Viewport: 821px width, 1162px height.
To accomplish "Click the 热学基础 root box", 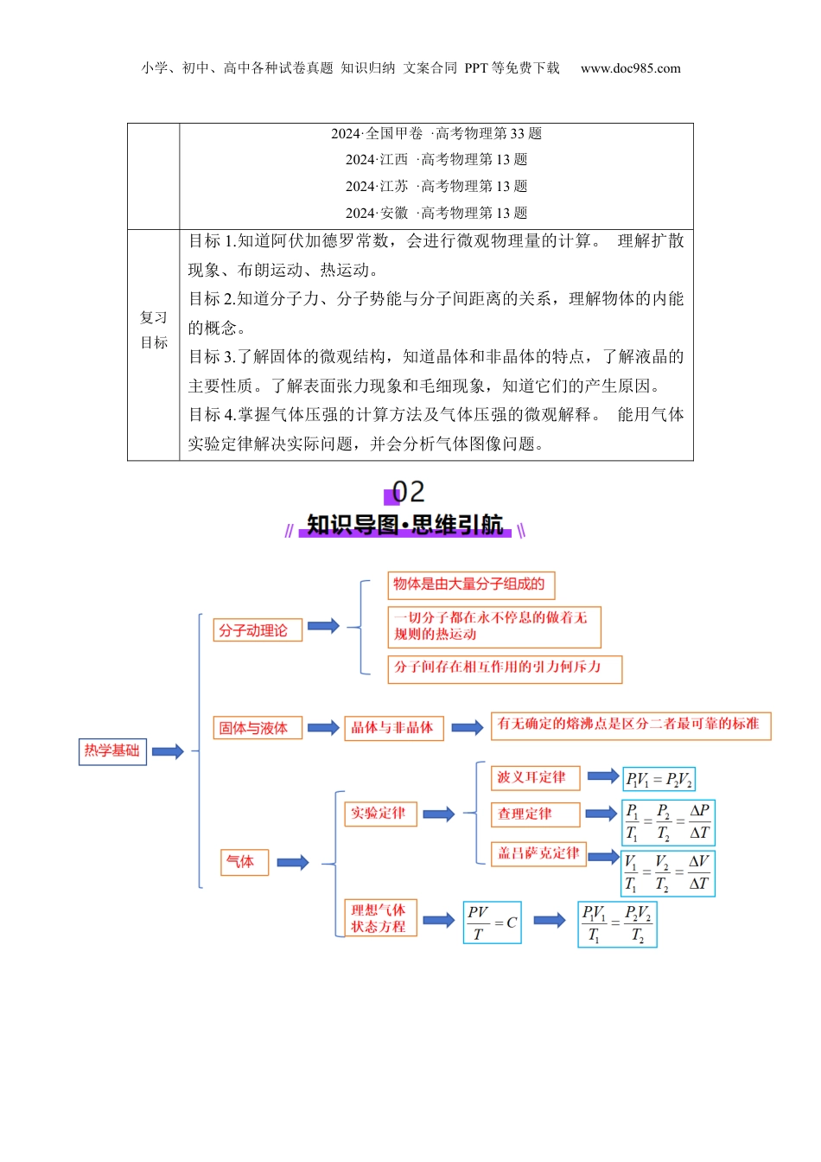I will (x=111, y=750).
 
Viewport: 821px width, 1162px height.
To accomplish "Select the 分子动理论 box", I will (x=258, y=630).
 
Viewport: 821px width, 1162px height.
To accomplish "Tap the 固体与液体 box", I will (x=258, y=728).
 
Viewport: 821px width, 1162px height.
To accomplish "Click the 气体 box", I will (x=245, y=861).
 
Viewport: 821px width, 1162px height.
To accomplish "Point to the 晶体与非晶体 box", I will (x=393, y=728).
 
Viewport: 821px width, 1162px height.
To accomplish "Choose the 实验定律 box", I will (x=379, y=814).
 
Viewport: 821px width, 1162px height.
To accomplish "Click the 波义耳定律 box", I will (x=536, y=777).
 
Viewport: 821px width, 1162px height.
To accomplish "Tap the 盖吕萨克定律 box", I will (x=539, y=853).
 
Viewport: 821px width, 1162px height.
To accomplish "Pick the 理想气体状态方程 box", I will (x=380, y=918).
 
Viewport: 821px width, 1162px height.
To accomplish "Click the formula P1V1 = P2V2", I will (x=659, y=779).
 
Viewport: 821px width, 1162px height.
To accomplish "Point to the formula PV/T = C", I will (x=492, y=923).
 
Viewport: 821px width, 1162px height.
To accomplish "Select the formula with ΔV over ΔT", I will (x=669, y=872).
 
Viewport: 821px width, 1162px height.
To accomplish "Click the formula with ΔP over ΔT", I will (x=669, y=822).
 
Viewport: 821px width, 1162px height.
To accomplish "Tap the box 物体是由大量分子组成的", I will (x=470, y=584).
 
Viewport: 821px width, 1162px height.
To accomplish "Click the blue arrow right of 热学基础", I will (x=168, y=751).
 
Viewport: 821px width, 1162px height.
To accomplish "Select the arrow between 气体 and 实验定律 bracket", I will (x=293, y=862).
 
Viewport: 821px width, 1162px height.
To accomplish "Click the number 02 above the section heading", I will (x=408, y=493).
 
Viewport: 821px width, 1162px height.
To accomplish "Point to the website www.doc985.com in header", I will (x=630, y=68).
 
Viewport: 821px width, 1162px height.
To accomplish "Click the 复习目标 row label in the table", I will (x=154, y=330).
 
